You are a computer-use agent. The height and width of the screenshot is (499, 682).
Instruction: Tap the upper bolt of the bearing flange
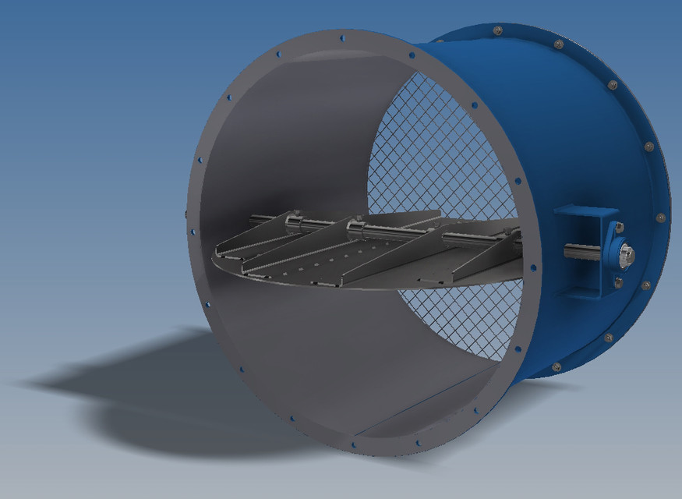click(x=621, y=227)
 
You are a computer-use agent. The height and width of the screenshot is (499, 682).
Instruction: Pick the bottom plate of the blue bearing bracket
click(x=585, y=294)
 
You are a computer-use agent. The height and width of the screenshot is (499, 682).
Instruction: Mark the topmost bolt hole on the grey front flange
click(x=344, y=37)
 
